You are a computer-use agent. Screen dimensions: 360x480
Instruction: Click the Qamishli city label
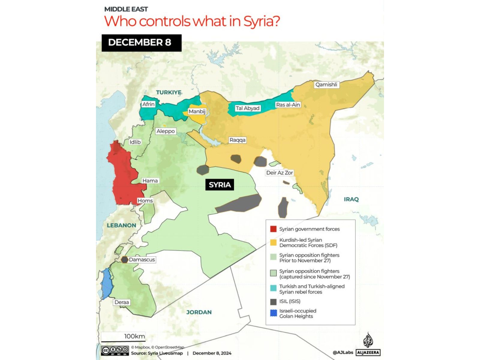click(x=326, y=85)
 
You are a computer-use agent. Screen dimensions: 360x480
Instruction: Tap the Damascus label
click(x=142, y=260)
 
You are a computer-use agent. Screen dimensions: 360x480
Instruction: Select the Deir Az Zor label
click(x=279, y=173)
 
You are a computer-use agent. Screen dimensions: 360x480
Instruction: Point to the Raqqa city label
click(x=237, y=140)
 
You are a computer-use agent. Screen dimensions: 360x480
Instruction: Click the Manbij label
click(x=197, y=112)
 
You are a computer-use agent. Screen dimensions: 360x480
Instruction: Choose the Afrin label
click(x=148, y=104)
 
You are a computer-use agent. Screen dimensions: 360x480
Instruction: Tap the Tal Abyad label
click(x=247, y=108)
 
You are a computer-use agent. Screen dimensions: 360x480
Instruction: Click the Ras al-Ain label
click(x=288, y=105)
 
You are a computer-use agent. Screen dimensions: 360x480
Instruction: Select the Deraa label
click(x=121, y=302)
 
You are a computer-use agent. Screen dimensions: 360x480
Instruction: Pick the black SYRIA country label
click(x=220, y=185)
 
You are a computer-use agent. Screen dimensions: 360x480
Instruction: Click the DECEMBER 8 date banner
click(x=141, y=43)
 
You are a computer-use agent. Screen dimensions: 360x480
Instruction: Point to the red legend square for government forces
click(x=273, y=229)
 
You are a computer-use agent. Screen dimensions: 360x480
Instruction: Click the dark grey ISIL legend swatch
click(x=273, y=301)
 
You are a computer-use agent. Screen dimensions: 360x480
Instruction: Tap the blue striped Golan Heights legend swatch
click(x=273, y=313)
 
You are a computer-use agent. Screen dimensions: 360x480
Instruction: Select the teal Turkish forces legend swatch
click(x=273, y=288)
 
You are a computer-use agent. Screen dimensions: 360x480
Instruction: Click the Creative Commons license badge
click(x=115, y=351)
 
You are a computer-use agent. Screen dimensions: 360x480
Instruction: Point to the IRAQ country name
click(x=351, y=199)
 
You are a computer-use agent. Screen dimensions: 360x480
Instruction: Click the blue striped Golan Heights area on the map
click(x=106, y=283)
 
